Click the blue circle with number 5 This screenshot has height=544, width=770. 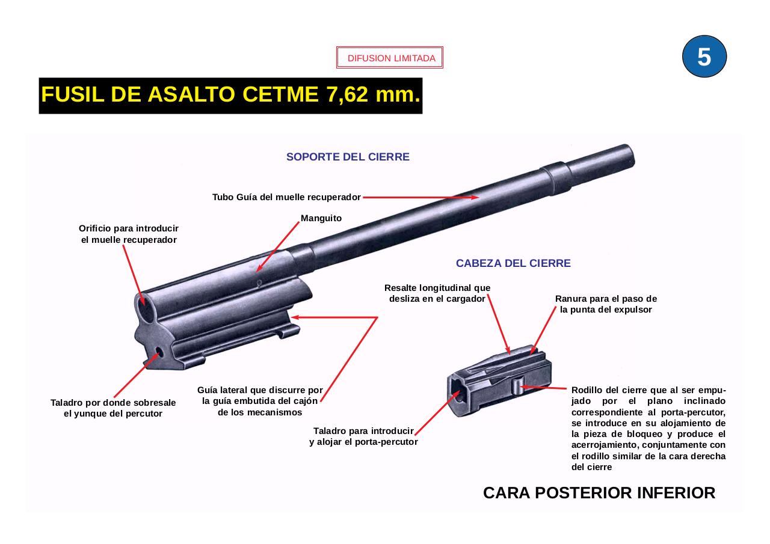tap(704, 57)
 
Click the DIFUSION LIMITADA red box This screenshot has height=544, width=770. tap(390, 58)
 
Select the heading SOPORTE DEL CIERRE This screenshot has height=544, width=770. tap(348, 157)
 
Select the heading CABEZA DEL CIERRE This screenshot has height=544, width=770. tap(513, 263)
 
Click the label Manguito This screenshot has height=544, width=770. tap(321, 218)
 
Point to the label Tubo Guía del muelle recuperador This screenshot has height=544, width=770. tap(286, 197)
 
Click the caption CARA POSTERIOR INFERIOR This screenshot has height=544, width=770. tap(599, 493)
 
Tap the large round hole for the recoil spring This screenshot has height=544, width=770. tap(144, 309)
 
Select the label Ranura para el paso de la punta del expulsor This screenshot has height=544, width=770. tap(606, 304)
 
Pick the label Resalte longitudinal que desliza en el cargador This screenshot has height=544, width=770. tap(437, 293)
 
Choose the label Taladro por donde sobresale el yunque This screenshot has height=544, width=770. tap(113, 408)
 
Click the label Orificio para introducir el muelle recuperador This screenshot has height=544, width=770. tap(129, 234)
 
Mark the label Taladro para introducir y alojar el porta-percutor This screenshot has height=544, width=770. tap(363, 436)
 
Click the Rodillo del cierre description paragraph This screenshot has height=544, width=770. tap(648, 429)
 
